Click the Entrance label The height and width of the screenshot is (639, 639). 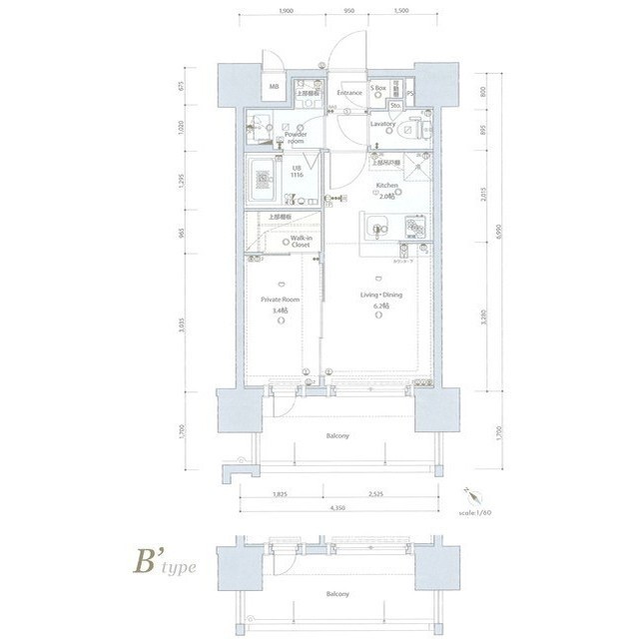348,93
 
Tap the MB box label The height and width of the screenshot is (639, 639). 274,88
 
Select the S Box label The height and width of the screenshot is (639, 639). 379,88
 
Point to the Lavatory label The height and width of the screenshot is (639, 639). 383,125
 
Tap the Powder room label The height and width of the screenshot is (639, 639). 296,138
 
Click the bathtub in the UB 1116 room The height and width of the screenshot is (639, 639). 264,181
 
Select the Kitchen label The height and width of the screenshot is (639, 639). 387,186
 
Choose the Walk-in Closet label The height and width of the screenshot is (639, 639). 301,242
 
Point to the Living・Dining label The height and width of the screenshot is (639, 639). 379,295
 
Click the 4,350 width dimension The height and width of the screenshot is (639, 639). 337,508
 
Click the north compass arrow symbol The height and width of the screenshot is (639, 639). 470,493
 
